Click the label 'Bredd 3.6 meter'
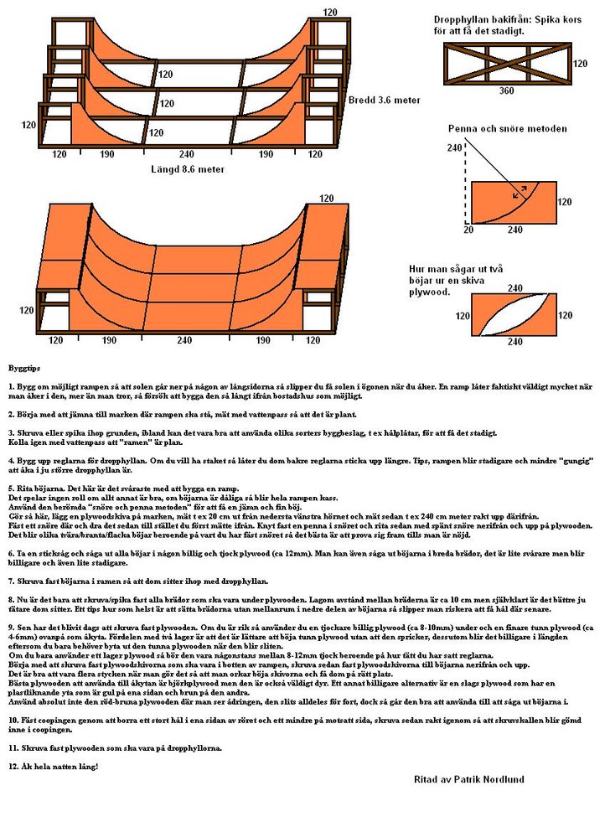383,101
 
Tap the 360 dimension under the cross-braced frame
506,90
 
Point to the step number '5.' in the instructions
12,488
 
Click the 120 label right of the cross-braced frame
580,63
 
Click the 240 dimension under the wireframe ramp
186,154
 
